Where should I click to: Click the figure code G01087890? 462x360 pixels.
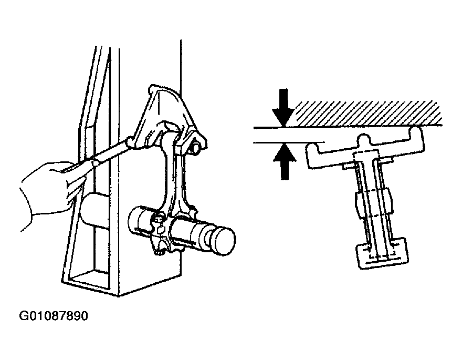[54, 316]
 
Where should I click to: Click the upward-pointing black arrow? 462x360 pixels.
[285, 161]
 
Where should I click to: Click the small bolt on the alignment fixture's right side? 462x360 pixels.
[196, 148]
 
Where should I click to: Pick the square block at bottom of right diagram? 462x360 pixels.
[382, 253]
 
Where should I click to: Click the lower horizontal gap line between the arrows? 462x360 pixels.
[289, 143]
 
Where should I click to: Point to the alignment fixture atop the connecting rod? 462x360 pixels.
[168, 118]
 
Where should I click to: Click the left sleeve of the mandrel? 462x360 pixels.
[141, 224]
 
